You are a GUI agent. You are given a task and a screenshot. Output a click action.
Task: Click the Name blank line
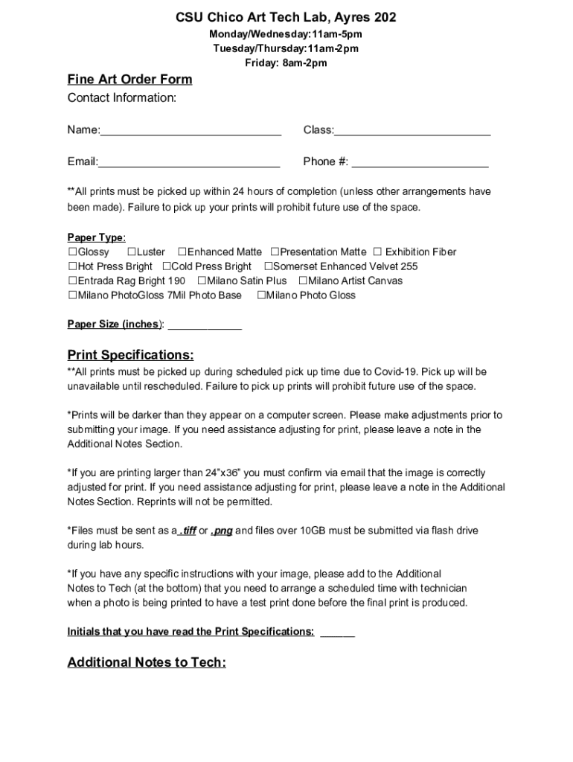click(x=191, y=132)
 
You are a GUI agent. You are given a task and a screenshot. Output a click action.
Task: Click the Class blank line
click(x=412, y=132)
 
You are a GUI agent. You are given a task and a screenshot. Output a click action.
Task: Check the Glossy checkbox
click(x=72, y=252)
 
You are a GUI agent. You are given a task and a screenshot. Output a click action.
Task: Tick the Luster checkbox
click(x=132, y=252)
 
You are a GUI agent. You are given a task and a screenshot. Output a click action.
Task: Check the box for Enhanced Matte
click(x=182, y=252)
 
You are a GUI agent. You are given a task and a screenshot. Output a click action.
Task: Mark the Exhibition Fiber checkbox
click(x=377, y=252)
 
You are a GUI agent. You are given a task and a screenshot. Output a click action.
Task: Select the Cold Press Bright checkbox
click(x=167, y=266)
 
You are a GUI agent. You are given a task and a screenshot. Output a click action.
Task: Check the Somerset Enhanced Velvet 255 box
click(x=269, y=266)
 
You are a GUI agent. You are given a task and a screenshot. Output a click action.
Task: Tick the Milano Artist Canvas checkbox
click(x=303, y=281)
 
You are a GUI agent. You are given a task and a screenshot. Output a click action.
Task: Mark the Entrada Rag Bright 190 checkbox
click(x=72, y=281)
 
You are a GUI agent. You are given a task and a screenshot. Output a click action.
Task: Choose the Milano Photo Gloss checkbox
click(x=261, y=295)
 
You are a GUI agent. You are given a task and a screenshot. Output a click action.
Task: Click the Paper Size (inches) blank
click(x=205, y=325)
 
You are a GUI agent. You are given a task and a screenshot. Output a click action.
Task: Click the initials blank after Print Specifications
click(x=337, y=633)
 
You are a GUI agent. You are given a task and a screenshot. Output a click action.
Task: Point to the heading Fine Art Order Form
click(x=129, y=80)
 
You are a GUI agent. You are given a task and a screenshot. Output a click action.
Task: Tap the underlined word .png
click(x=221, y=531)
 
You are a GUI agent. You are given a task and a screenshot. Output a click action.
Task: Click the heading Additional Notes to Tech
click(x=147, y=662)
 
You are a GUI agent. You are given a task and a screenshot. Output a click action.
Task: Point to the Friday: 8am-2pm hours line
click(x=286, y=63)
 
